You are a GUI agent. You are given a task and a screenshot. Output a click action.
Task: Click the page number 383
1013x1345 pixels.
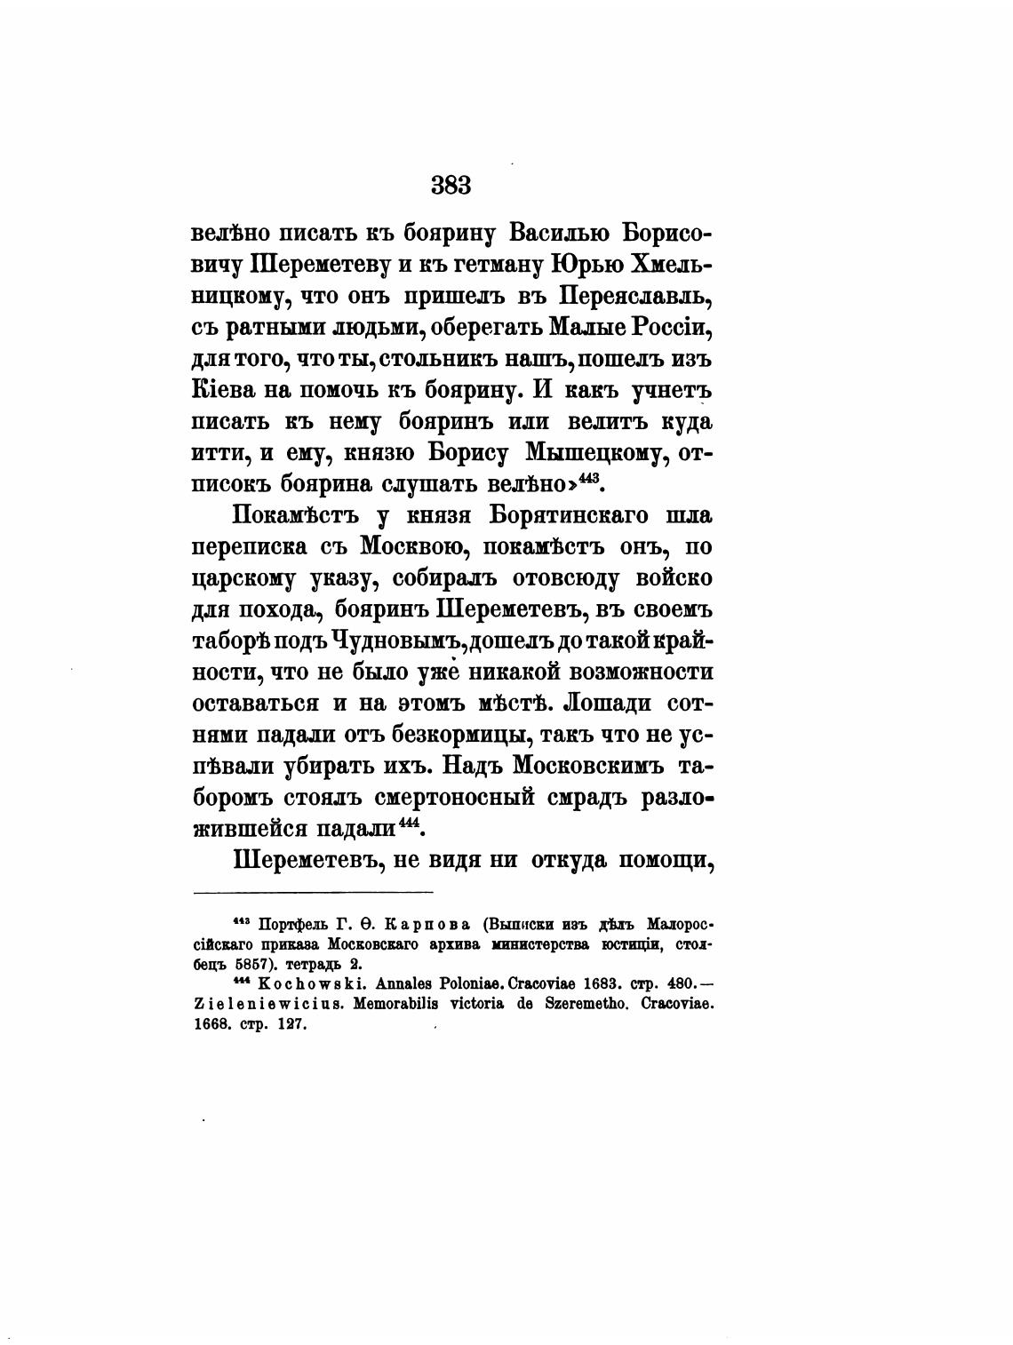pos(451,186)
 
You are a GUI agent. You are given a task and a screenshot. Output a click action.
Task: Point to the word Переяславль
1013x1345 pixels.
pos(636,296)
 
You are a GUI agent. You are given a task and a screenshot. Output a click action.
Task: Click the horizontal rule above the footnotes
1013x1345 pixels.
pos(313,892)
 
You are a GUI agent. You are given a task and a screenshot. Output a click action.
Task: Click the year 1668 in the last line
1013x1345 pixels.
pos(211,1023)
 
